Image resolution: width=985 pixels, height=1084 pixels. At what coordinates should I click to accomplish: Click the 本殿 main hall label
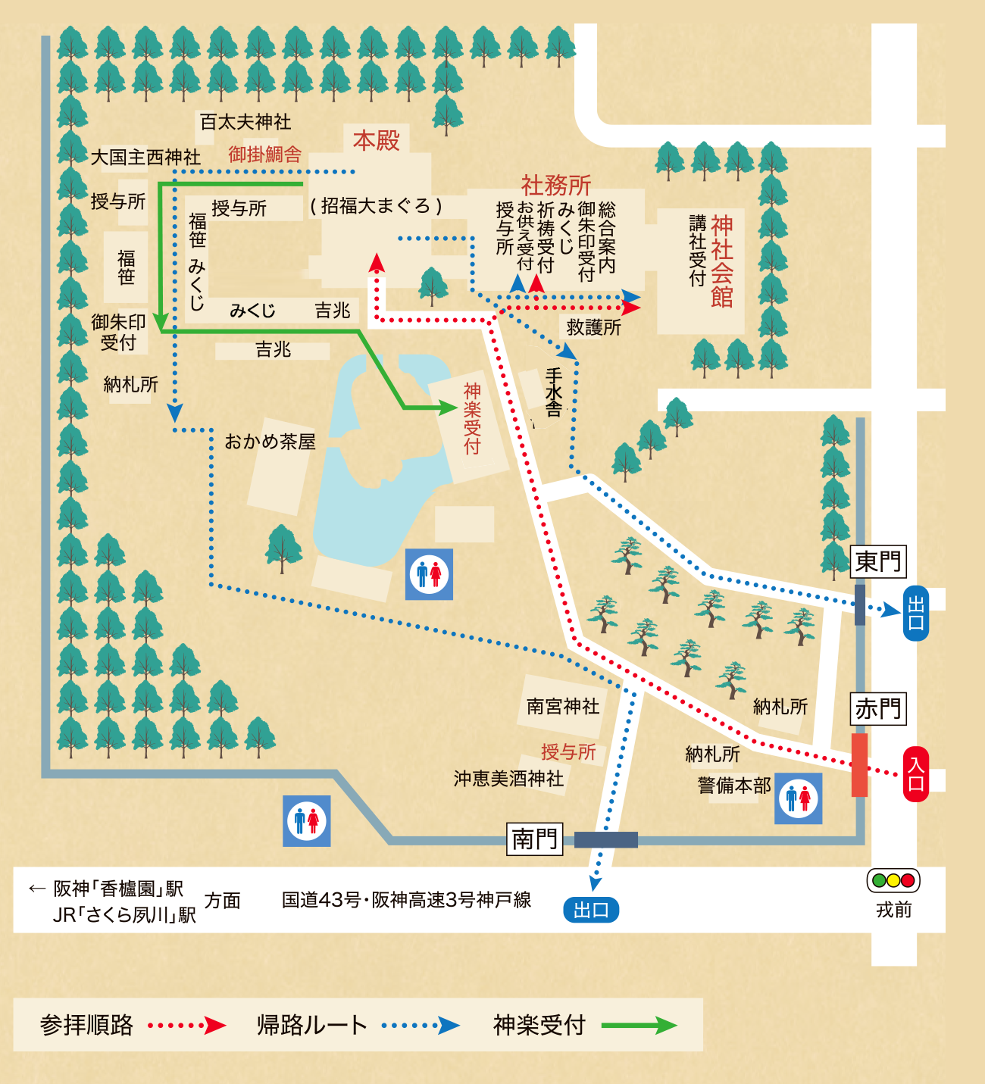[376, 140]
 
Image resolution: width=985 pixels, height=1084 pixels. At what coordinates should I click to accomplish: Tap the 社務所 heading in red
[555, 185]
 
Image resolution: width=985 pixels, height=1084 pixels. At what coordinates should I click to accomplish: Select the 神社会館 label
[721, 261]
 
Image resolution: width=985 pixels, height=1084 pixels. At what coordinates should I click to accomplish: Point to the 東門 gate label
[878, 561]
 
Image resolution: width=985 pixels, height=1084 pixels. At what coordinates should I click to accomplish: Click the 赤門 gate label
[878, 709]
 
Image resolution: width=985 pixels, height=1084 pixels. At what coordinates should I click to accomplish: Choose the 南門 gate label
[535, 839]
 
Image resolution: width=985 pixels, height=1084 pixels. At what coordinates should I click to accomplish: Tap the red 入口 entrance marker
[915, 773]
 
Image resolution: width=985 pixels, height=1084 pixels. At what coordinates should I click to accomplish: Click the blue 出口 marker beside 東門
[915, 613]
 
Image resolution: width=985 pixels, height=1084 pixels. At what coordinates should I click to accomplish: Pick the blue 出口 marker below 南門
[591, 910]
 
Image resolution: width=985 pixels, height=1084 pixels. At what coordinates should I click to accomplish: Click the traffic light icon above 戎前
[893, 880]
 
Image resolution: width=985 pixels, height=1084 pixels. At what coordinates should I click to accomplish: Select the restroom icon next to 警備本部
[798, 798]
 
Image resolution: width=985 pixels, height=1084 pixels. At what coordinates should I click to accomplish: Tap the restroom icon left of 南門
[307, 820]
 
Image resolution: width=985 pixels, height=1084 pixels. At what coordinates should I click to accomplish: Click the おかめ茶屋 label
[270, 442]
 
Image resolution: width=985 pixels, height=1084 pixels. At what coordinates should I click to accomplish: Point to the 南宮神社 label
[563, 706]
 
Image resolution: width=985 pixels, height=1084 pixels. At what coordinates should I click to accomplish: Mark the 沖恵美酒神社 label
[508, 779]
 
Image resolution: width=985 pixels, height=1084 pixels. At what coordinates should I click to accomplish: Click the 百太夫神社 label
[245, 121]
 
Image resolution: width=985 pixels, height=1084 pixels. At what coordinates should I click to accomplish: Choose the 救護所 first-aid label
[593, 327]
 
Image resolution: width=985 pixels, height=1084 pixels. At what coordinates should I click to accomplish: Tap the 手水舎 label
[554, 392]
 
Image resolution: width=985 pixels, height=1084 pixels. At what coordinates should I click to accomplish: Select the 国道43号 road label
[406, 900]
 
